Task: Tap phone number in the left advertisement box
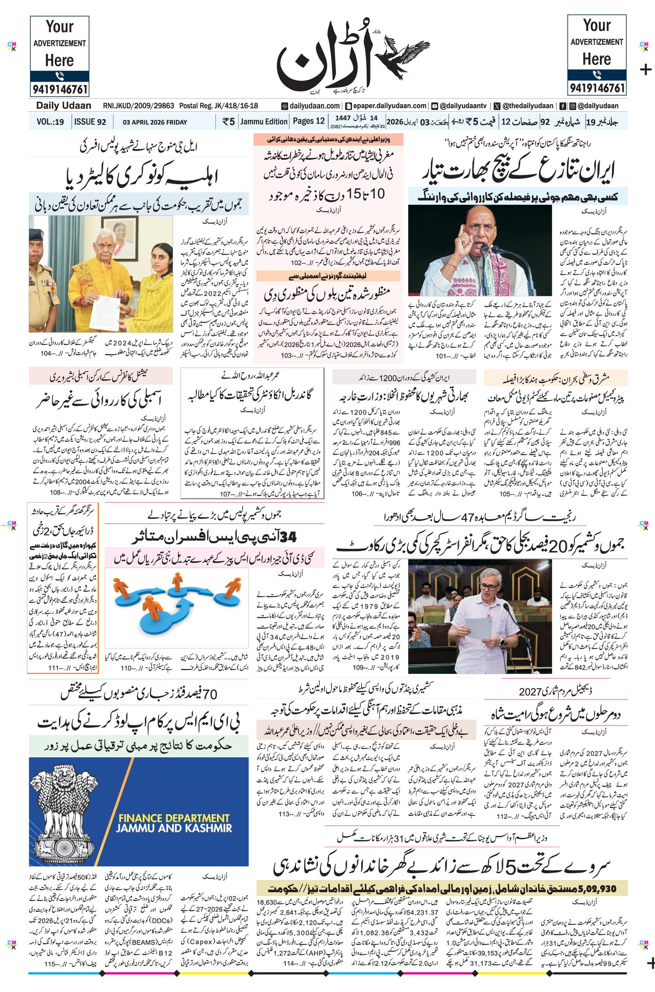pos(59,89)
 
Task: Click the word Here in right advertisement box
pos(596,59)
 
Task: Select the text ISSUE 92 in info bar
pos(90,122)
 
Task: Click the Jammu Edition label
pos(264,122)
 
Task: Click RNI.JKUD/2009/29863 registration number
pos(138,106)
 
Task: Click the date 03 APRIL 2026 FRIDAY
pos(155,122)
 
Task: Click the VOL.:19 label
pos(50,122)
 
